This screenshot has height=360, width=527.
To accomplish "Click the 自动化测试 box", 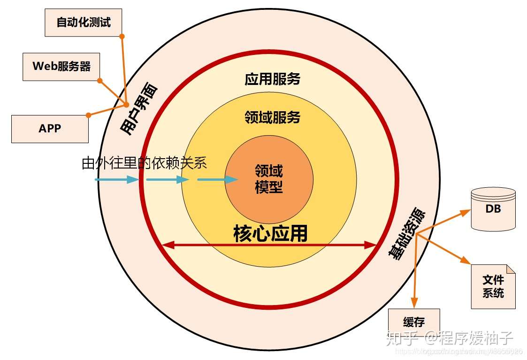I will (x=84, y=23).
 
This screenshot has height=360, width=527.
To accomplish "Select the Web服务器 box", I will (x=61, y=67).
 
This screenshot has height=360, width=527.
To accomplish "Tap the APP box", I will (x=50, y=128).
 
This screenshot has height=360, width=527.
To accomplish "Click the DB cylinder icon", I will (x=493, y=209).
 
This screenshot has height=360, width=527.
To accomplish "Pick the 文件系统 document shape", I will (x=493, y=286).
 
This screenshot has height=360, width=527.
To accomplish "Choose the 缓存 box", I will (x=413, y=322).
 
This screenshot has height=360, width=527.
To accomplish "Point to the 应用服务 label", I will (x=272, y=79).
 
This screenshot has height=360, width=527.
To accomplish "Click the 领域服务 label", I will (x=272, y=116).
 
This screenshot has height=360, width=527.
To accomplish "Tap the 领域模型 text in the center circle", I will (x=269, y=179).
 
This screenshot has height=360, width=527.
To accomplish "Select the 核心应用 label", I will (x=270, y=233).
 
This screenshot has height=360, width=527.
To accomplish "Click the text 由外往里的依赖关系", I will (x=145, y=163).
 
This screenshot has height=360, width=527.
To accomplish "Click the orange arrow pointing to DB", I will (x=446, y=221).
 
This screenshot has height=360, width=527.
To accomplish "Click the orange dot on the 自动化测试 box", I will (x=122, y=36).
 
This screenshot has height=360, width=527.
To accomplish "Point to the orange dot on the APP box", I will (x=88, y=115).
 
